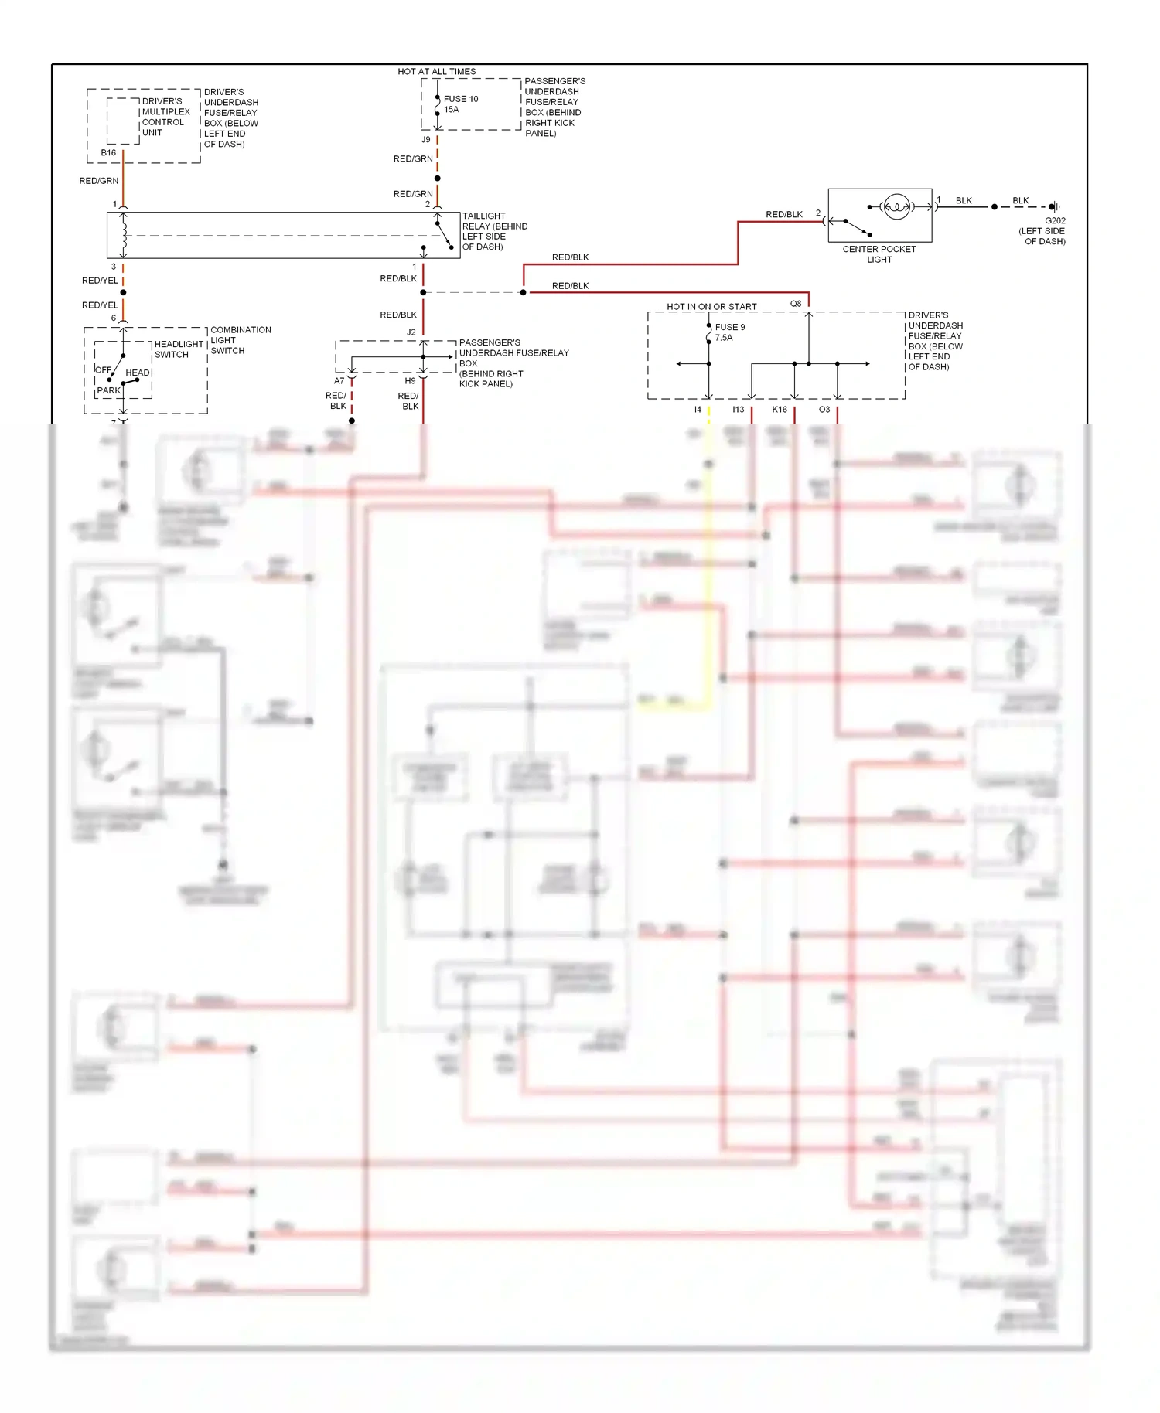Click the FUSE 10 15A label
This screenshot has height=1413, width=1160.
coord(460,104)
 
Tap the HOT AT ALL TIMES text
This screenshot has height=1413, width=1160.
coord(436,72)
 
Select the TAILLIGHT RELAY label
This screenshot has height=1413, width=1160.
coord(494,231)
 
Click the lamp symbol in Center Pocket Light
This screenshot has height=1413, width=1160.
coord(896,206)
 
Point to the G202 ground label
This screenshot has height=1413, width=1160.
coord(1054,220)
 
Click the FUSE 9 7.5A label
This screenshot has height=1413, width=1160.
coord(729,332)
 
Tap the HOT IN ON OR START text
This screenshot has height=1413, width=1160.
coord(711,307)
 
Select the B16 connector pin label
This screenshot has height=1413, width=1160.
coord(108,153)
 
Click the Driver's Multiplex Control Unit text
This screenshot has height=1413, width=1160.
coord(165,117)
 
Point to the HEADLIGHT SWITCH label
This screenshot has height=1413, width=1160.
coord(178,349)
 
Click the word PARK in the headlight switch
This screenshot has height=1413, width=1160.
coord(109,390)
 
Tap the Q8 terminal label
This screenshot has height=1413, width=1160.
coord(796,304)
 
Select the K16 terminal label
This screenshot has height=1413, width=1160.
coord(780,410)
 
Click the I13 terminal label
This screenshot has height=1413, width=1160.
coord(738,410)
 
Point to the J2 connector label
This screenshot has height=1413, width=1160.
coord(411,332)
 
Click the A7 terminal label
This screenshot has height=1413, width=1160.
coord(339,381)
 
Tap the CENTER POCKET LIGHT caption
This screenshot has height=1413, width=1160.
coord(879,254)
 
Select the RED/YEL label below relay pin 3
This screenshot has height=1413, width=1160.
coord(100,281)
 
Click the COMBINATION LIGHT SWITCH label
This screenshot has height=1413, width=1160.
coord(240,340)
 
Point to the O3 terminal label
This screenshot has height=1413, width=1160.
coord(824,410)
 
